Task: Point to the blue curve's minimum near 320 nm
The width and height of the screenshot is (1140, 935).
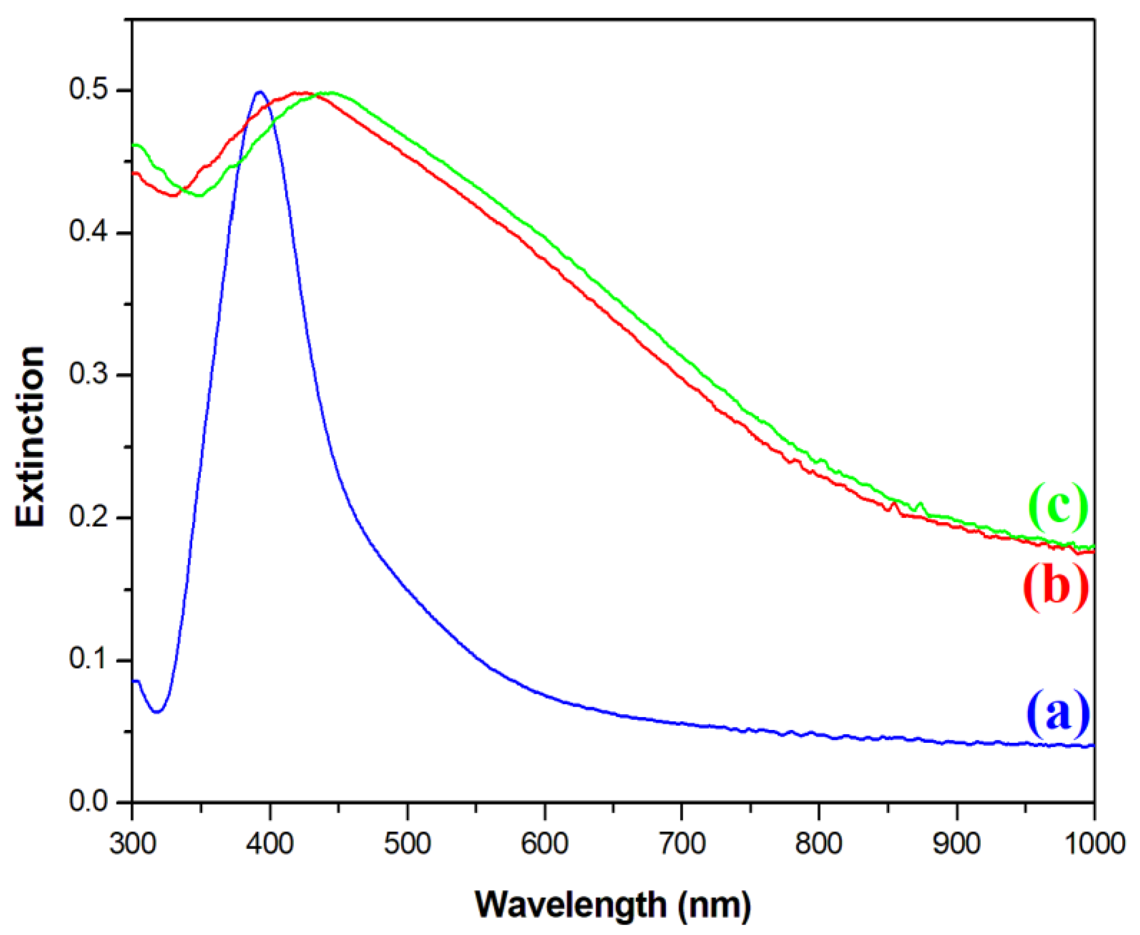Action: pos(157,712)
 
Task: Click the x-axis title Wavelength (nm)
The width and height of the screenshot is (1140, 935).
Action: pos(612,904)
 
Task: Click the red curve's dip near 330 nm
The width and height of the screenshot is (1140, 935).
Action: pos(174,195)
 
